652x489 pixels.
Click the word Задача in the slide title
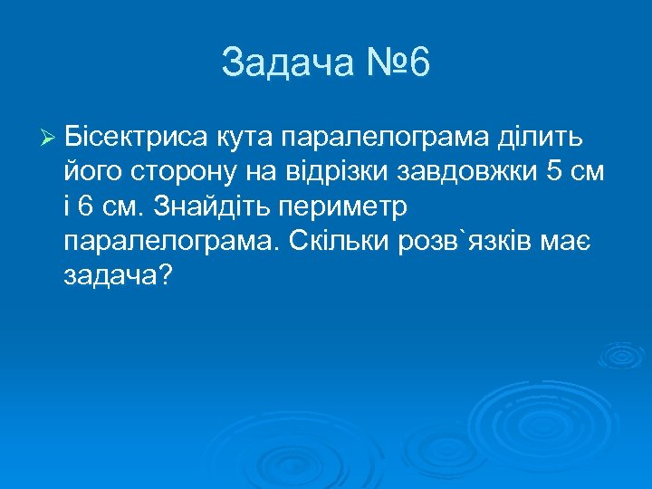(x=279, y=64)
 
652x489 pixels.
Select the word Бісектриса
(x=138, y=137)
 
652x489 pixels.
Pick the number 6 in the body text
(x=86, y=206)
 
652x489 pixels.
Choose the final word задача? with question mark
(x=118, y=274)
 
